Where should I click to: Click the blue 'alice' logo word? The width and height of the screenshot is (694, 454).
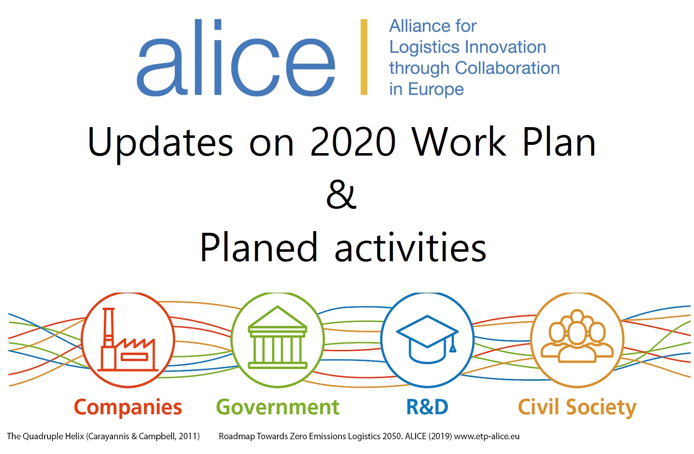pos(236,57)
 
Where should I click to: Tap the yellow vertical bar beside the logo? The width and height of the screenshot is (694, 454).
pos(364,57)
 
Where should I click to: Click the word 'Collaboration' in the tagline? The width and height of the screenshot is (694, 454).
pos(507,68)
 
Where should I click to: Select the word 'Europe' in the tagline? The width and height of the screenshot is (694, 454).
pos(436,90)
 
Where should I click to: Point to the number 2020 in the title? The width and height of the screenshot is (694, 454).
pos(353,142)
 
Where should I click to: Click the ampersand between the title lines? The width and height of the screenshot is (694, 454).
pos(341,194)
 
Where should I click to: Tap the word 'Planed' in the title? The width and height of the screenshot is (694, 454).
pos(259,247)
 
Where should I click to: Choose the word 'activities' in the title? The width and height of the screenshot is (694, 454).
pos(411,247)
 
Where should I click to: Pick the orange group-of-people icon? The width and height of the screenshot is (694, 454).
pos(577,336)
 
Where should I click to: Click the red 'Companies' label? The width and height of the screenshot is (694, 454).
pos(128,407)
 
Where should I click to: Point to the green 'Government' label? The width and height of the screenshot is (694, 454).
pos(278,407)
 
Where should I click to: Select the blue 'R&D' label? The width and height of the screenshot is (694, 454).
pos(427,407)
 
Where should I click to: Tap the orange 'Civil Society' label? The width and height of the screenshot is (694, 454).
pos(577,407)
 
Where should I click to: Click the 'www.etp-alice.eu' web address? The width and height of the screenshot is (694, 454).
pos(487,436)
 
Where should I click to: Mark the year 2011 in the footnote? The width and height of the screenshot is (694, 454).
pos(187,436)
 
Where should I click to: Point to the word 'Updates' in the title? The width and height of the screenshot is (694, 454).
pos(160,144)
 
